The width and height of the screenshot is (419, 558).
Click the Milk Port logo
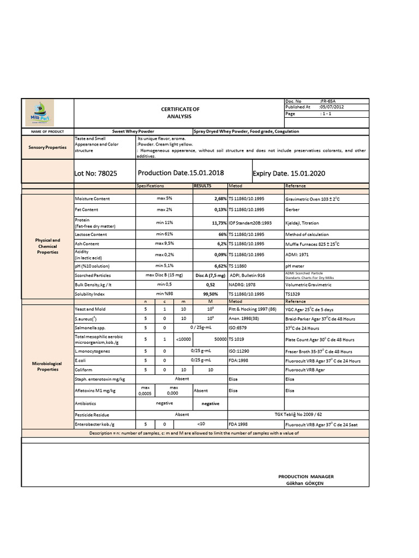47,113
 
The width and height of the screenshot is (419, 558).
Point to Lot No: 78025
95,174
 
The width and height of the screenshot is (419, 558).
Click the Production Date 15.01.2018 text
181,173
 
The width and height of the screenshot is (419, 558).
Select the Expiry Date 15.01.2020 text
289,173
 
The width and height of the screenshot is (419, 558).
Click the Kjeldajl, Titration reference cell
302,223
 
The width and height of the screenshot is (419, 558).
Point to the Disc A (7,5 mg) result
210,275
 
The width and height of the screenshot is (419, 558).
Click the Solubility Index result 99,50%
209,294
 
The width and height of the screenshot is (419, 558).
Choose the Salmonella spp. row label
90,328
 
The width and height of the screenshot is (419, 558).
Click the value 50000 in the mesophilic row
218,339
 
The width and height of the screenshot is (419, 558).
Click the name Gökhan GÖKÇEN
305,483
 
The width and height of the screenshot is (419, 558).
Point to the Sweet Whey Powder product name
133,131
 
